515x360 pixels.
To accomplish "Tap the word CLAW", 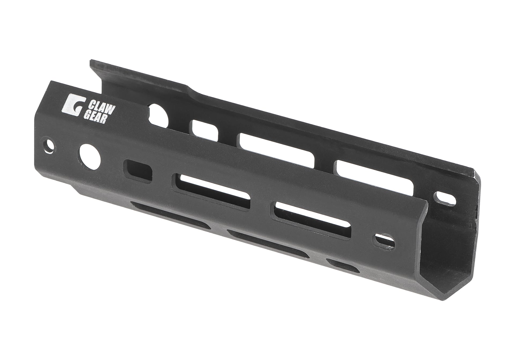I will (x=97, y=104).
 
